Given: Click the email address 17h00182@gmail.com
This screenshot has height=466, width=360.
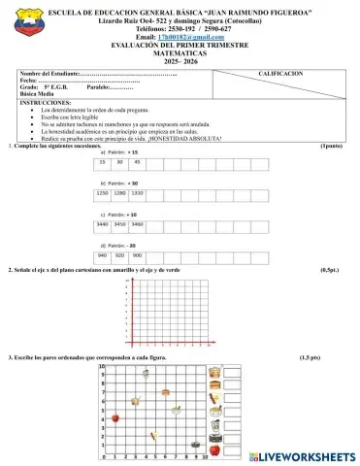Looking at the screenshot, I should pyautogui.click(x=189, y=37).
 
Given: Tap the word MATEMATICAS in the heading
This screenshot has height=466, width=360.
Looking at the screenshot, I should pyautogui.click(x=182, y=52).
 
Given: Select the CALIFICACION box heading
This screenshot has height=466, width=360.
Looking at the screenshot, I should pyautogui.click(x=280, y=74).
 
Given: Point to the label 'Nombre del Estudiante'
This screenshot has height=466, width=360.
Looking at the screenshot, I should pyautogui.click(x=47, y=74).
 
